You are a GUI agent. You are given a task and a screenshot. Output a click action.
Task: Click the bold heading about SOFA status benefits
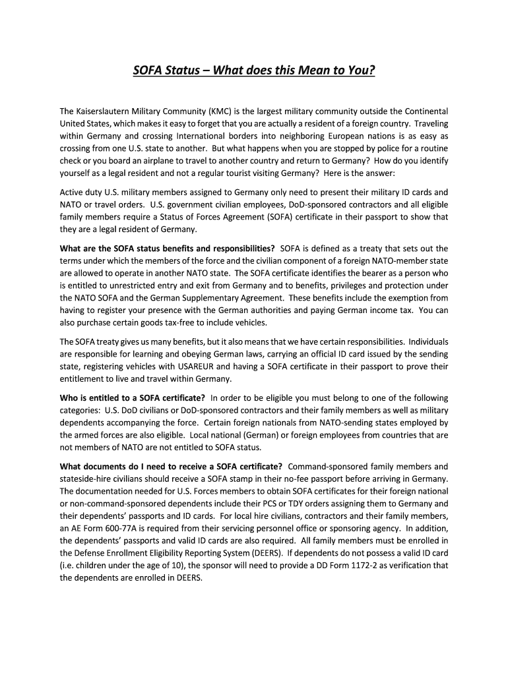point(168,249)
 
